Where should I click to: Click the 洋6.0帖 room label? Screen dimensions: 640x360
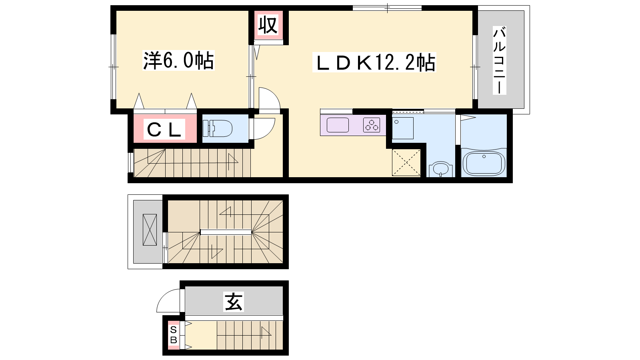coord(178,60)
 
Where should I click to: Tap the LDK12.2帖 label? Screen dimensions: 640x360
coord(374,62)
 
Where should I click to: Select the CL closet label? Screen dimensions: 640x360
coord(164,130)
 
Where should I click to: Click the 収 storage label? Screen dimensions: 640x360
coord(268,25)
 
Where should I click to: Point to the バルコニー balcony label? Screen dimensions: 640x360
coord(500,60)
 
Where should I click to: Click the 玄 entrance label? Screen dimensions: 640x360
coord(234,302)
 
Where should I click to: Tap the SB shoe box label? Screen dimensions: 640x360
coord(174,335)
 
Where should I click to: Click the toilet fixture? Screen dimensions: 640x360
coord(218,128)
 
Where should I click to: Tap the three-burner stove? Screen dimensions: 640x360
coord(372,125)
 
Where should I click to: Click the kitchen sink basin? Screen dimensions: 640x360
coord(338,125)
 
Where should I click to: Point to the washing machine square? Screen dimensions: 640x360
coord(403,128)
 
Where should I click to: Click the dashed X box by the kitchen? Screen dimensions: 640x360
coord(406,162)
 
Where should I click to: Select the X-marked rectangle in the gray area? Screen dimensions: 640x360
coord(150,230)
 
